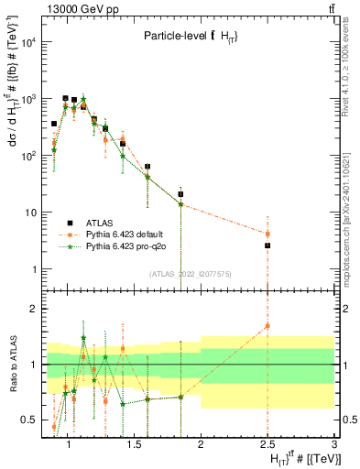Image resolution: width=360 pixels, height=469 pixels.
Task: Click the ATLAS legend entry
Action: click(98, 223)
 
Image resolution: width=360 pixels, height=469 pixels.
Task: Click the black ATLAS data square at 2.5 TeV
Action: click(267, 245)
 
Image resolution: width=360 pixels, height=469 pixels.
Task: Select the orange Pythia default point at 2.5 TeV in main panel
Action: click(267, 234)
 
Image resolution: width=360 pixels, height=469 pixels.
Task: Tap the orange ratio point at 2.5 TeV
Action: click(267, 325)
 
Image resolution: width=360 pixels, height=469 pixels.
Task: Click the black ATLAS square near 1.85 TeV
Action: click(180, 194)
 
